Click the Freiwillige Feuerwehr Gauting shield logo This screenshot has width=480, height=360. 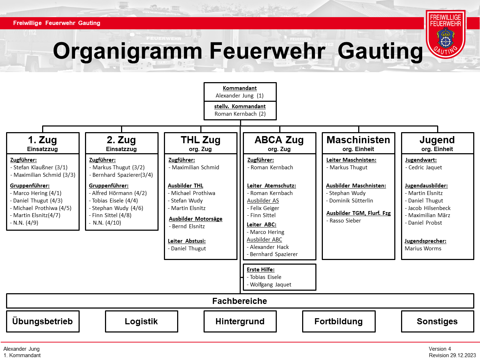445,34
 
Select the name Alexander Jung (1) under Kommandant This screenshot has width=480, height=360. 240,96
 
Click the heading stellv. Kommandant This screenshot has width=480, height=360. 240,106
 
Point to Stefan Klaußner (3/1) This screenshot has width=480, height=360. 40,167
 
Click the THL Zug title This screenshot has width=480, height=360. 200,140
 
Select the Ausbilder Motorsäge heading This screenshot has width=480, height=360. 195,219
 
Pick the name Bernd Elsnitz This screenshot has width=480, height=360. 188,226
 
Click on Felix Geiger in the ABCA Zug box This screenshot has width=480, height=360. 265,208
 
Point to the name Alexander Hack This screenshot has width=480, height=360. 269,247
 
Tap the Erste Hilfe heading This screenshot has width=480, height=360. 261,270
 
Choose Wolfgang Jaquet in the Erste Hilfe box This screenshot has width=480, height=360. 270,285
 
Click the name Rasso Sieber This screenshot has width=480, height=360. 345,221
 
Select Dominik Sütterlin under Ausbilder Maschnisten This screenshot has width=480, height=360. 351,201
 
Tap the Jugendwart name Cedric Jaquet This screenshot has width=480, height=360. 425,167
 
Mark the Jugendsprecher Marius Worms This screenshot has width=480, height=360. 423,249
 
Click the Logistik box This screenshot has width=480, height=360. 141,321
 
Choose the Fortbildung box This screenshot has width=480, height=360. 339,321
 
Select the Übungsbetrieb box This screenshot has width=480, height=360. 42,321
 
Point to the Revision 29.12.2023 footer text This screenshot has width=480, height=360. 452,355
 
